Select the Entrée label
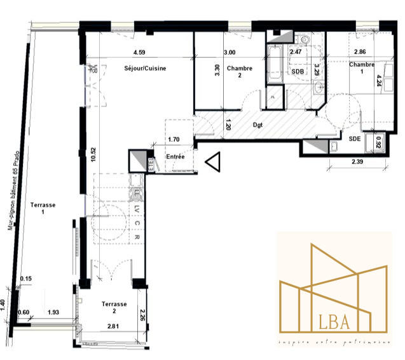175,156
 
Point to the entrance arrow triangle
213,163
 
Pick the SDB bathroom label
298,71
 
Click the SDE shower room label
355,138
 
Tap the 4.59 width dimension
140,53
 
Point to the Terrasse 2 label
114,308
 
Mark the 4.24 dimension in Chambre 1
379,81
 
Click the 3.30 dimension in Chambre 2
217,71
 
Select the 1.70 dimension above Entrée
174,137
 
